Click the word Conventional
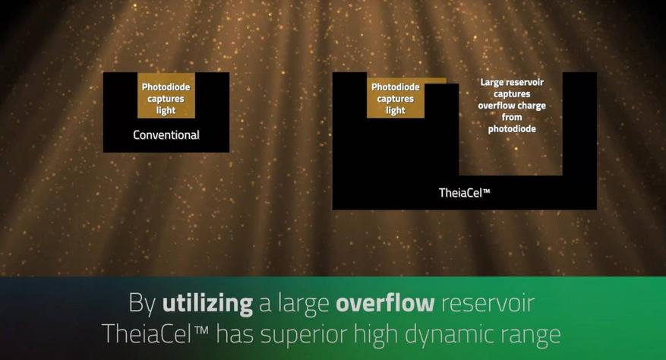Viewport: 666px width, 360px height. pyautogui.click(x=166, y=135)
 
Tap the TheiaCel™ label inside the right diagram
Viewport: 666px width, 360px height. pyautogui.click(x=464, y=193)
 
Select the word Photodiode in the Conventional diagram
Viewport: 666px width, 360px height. pyautogui.click(x=166, y=87)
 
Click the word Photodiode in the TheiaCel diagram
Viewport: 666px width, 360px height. pyautogui.click(x=396, y=87)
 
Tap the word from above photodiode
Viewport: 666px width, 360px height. pyautogui.click(x=512, y=117)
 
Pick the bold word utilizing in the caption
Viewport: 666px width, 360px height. pyautogui.click(x=207, y=304)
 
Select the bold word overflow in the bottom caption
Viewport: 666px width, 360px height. pyautogui.click(x=385, y=303)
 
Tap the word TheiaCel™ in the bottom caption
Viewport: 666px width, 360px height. pyautogui.click(x=155, y=334)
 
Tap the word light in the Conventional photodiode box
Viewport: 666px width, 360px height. pyautogui.click(x=166, y=111)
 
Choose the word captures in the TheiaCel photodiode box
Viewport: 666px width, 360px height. pyautogui.click(x=396, y=99)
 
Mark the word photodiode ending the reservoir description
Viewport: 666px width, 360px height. pyautogui.click(x=512, y=129)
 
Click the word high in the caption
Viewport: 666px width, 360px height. pyautogui.click(x=376, y=335)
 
